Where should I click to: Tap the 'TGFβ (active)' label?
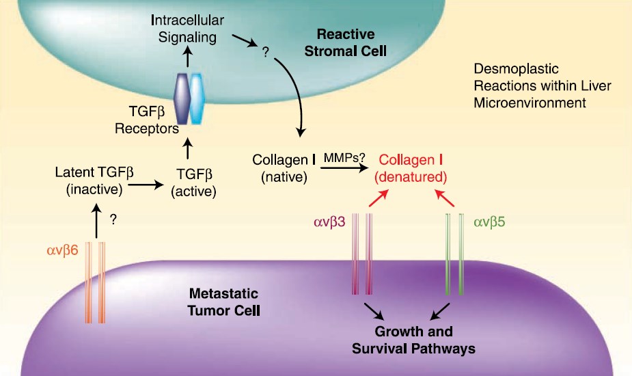192,184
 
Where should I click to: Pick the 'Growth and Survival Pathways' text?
413,340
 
